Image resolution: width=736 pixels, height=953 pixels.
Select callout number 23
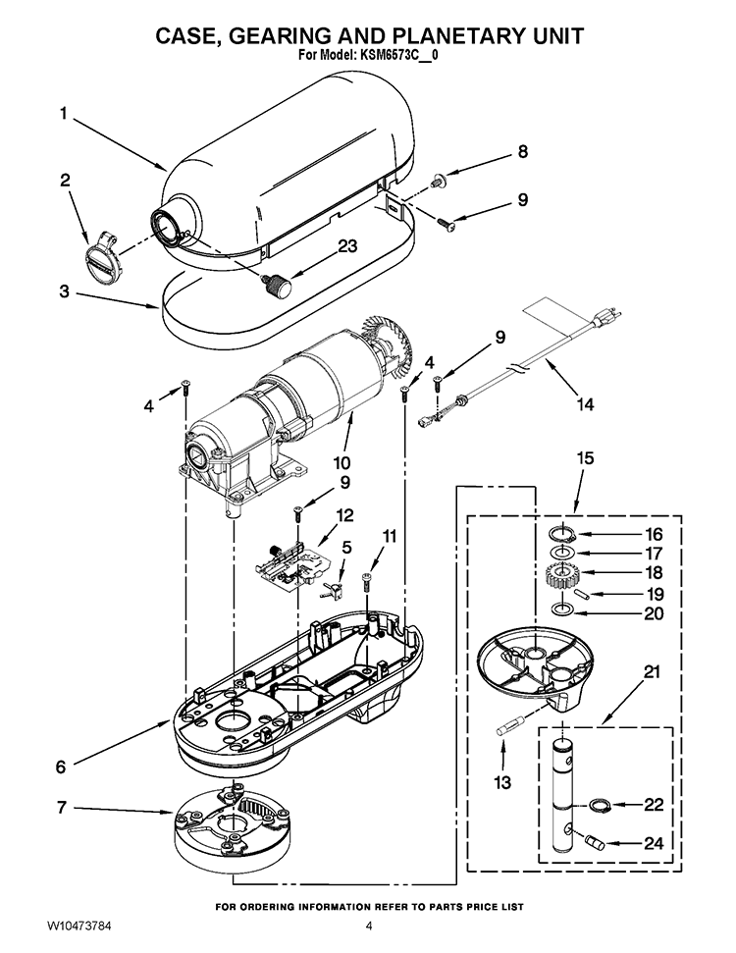[x=347, y=246]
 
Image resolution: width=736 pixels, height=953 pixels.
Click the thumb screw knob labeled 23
[x=277, y=283]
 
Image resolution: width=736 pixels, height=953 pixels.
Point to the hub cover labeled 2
[x=100, y=254]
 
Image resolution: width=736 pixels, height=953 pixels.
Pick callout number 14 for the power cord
[x=585, y=403]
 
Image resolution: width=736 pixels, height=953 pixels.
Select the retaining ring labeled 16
[x=562, y=534]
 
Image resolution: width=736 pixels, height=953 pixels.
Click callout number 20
[x=654, y=613]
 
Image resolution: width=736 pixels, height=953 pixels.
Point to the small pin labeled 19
[x=581, y=593]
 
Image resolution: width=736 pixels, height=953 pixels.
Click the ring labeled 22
[x=600, y=805]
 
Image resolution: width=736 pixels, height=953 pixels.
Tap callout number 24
[x=654, y=843]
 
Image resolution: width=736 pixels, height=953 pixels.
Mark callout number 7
[x=62, y=808]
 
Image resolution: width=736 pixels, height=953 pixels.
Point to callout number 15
[x=585, y=457]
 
